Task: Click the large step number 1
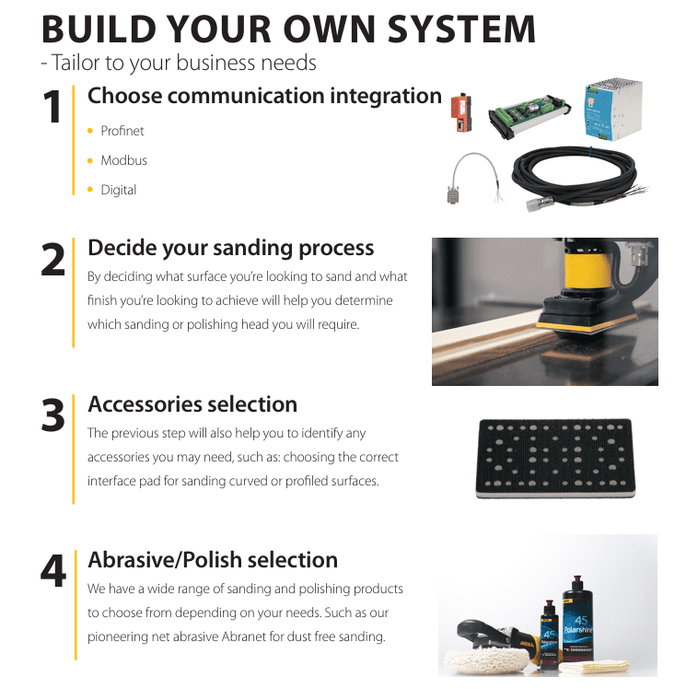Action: (x=52, y=107)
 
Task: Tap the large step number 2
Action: (x=53, y=259)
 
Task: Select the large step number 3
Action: (x=53, y=415)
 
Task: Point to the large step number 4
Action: (x=53, y=570)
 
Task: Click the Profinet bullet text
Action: (x=122, y=131)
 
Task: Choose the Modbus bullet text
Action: (x=123, y=160)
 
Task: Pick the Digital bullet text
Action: (x=119, y=190)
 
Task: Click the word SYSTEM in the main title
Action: (x=461, y=29)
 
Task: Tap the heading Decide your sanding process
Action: (x=230, y=248)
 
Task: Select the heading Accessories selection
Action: (x=192, y=404)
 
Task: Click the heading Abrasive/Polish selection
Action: (x=213, y=560)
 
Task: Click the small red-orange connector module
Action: (x=460, y=112)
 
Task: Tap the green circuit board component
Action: (x=529, y=115)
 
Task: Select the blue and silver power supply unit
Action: (x=613, y=110)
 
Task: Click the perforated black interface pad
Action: (x=555, y=459)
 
